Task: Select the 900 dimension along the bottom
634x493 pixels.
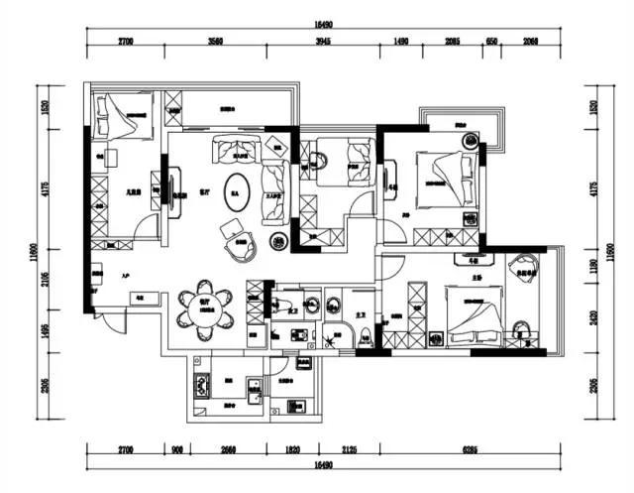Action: (x=177, y=449)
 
